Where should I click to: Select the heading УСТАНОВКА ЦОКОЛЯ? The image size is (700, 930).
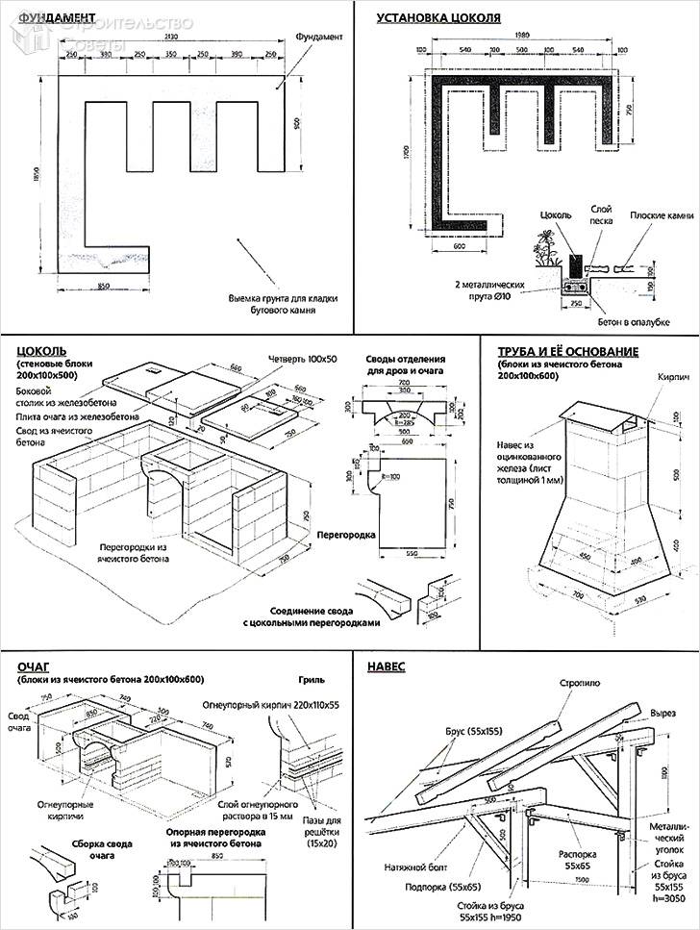[x=438, y=17]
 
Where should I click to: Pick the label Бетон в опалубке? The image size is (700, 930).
[x=631, y=322]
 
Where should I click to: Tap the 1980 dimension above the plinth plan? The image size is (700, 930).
[x=523, y=36]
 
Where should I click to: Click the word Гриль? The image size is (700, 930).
[x=312, y=679]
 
